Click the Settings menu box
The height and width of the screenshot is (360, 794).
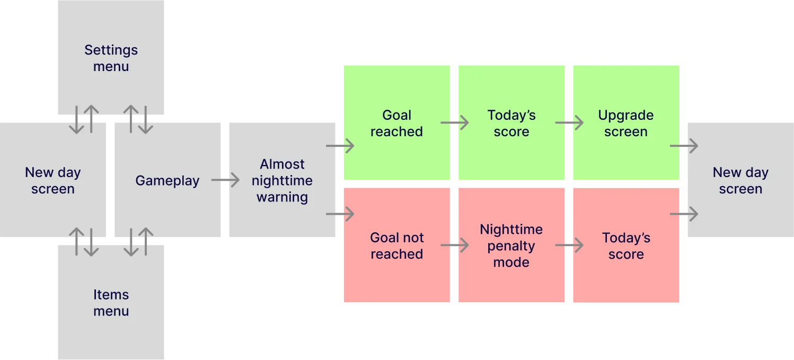click(111, 58)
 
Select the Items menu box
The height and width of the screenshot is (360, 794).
click(111, 303)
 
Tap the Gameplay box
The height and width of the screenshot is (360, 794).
click(167, 181)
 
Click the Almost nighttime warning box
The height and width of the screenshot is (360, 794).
click(282, 181)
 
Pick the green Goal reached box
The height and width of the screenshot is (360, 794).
click(396, 124)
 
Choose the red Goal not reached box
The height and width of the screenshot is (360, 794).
click(396, 246)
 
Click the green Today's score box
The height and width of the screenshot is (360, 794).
click(511, 124)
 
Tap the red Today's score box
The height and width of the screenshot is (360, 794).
click(626, 246)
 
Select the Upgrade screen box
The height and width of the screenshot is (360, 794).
click(626, 124)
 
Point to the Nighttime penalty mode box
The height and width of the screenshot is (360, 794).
click(511, 246)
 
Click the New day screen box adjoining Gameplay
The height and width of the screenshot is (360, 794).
click(52, 181)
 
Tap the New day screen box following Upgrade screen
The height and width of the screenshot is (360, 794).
click(740, 181)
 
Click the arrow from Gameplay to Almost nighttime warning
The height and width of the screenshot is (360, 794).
click(226, 181)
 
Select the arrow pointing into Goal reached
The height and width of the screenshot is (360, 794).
click(340, 146)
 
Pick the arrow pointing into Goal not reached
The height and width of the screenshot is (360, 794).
click(340, 214)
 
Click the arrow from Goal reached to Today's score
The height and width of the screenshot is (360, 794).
click(455, 124)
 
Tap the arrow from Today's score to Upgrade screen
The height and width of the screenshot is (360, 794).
click(569, 124)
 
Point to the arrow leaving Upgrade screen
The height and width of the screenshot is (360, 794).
click(684, 146)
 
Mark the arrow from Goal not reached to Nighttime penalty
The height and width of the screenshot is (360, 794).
click(455, 246)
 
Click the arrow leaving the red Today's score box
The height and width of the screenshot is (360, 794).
click(684, 214)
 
